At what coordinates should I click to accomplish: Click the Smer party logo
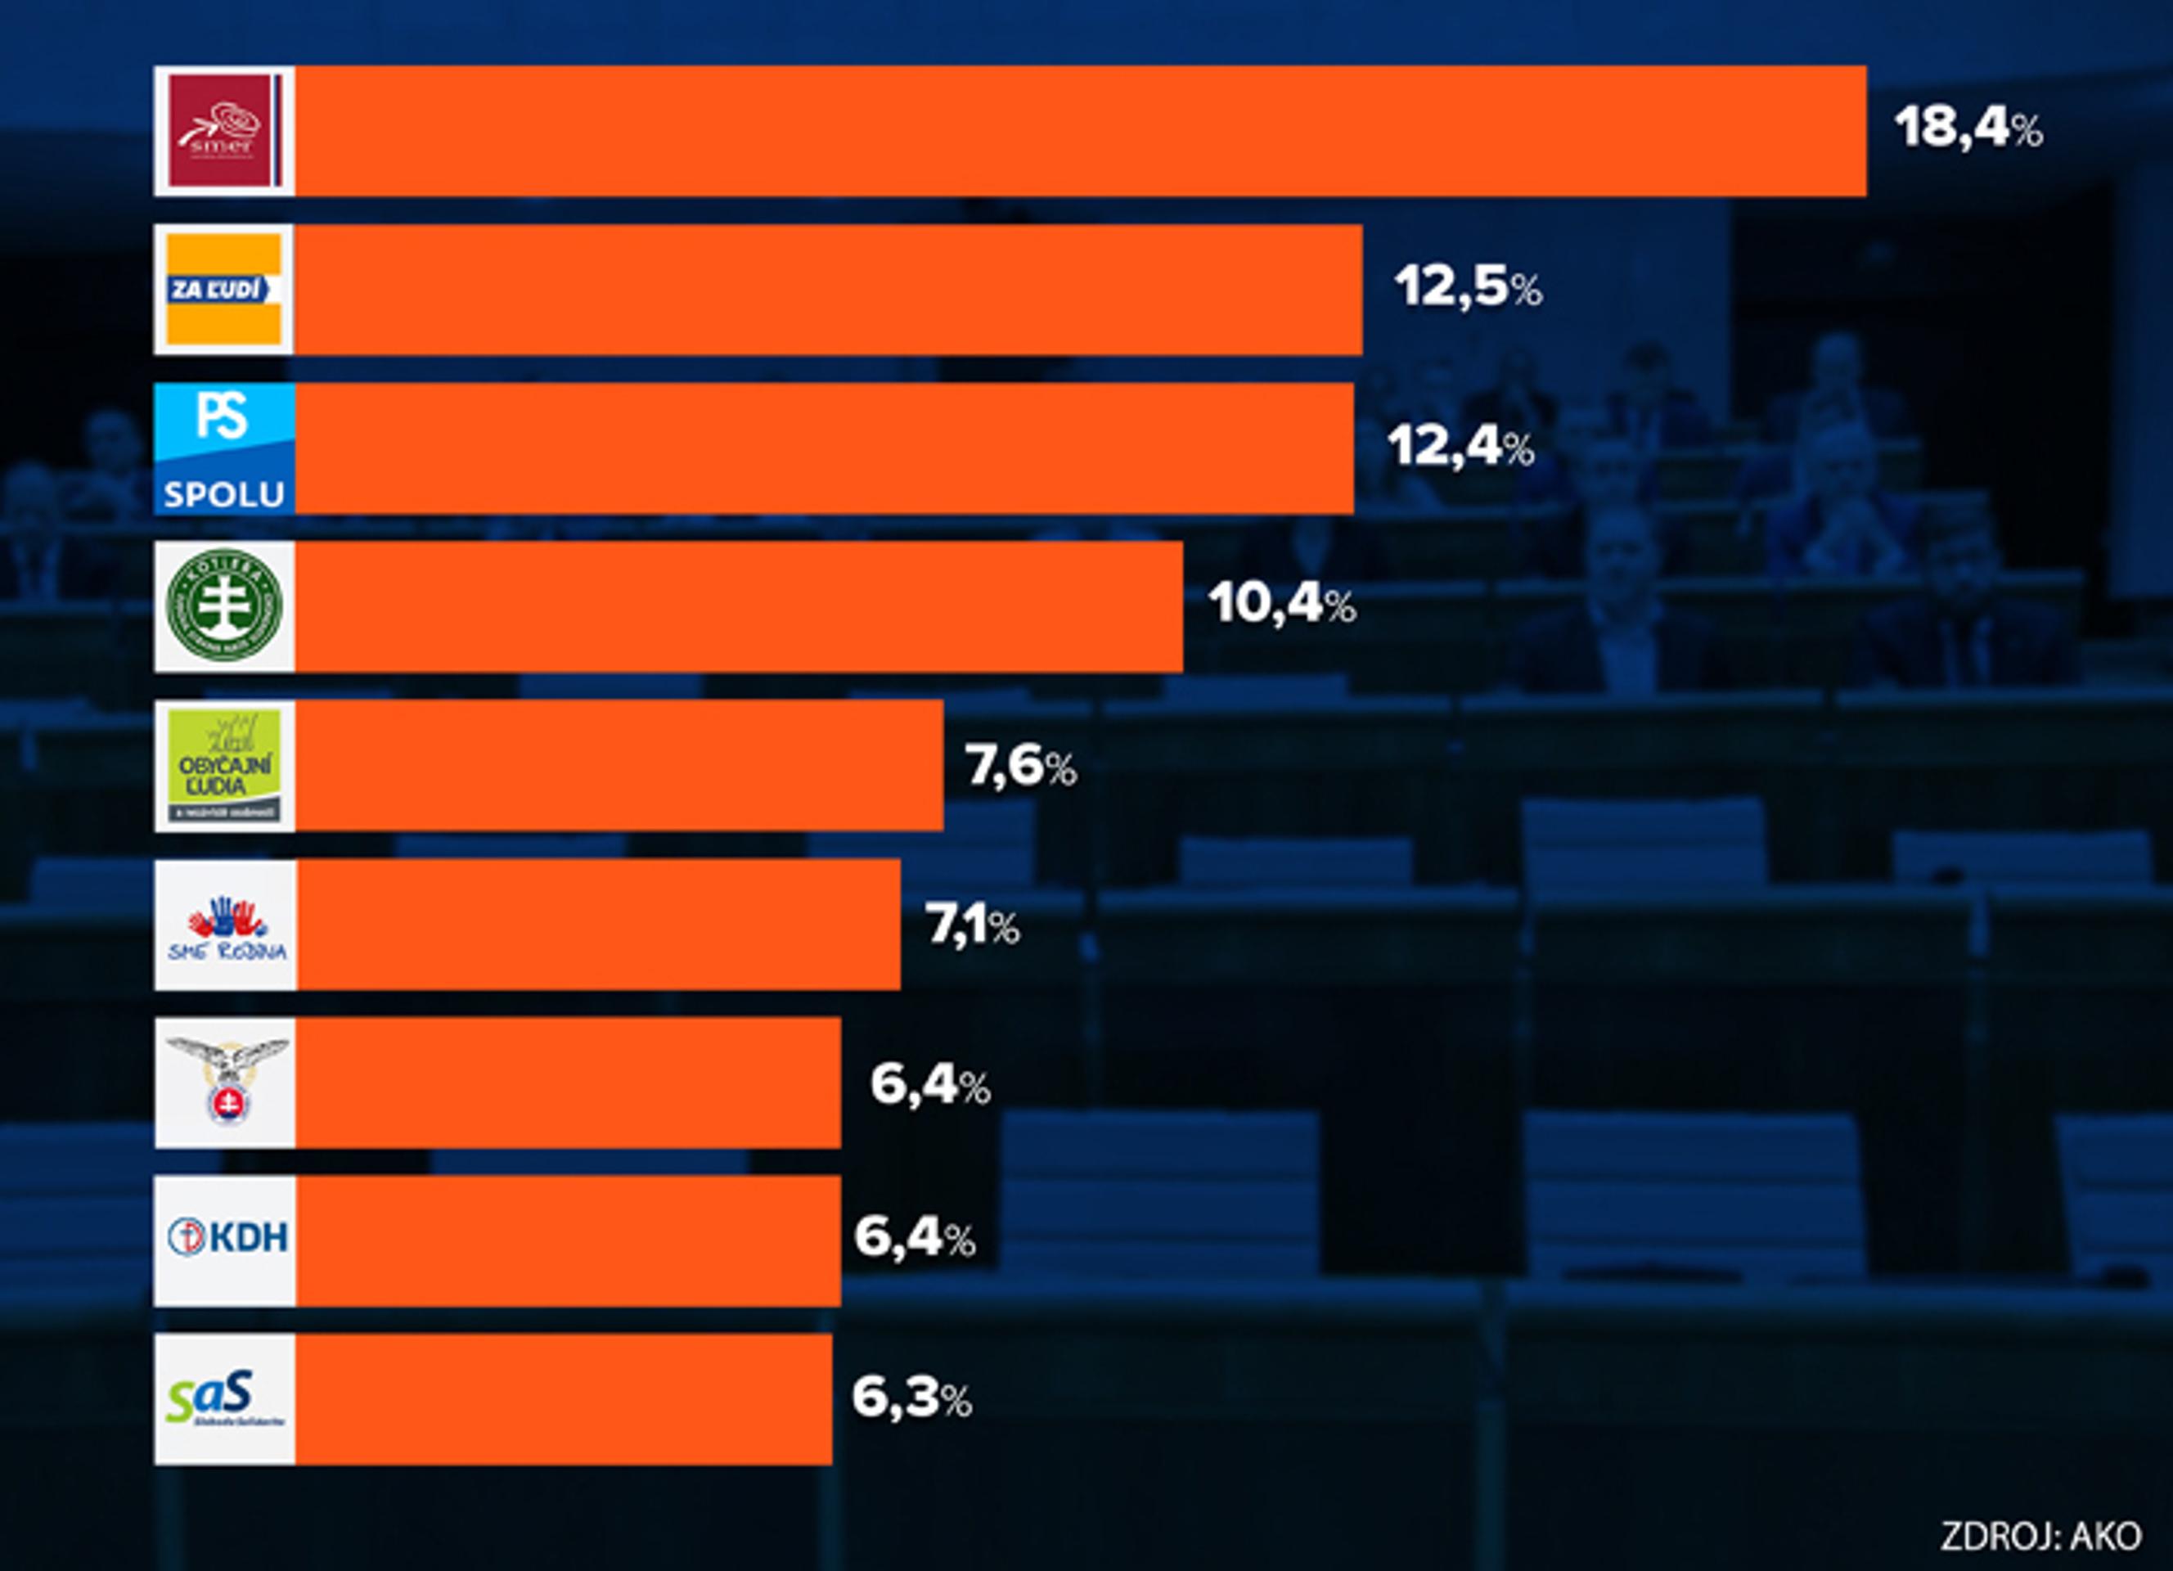224,131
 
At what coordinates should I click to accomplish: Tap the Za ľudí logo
224,290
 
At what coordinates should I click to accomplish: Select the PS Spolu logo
224,448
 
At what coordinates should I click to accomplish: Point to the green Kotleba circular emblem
224,605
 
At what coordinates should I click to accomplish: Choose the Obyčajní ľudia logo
224,765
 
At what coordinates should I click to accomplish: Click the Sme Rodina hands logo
226,925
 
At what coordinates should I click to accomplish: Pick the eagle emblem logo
226,1083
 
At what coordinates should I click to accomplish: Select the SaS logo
224,1398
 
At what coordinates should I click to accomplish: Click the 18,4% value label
1968,128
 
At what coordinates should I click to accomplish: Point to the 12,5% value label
1468,286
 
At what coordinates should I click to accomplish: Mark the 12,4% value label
1460,447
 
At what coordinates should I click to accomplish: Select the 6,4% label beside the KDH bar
914,1238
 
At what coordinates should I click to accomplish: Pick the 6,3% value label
911,1398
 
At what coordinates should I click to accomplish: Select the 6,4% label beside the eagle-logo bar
929,1084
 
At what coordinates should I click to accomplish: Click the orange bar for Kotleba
738,605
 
